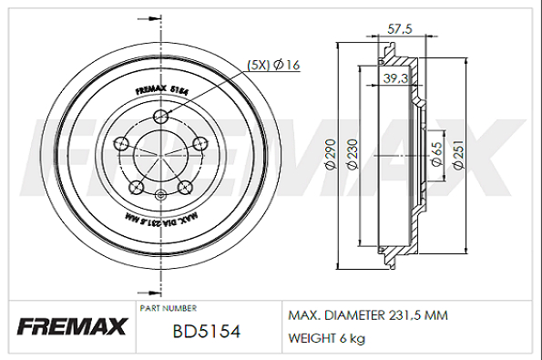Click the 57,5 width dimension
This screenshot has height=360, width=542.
coord(400,29)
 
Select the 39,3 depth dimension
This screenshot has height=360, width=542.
coord(395,78)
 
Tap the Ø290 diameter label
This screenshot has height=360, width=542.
coord(331,154)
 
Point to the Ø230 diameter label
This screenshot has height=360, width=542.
coord(353,154)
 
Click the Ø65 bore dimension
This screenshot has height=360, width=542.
coord(437,155)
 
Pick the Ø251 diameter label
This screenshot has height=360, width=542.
coord(458,155)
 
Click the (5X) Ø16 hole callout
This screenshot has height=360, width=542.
coord(273,65)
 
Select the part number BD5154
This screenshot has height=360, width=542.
coord(207,332)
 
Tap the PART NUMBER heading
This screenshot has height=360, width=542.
coord(169,308)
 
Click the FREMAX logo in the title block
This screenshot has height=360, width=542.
coord(72,326)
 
